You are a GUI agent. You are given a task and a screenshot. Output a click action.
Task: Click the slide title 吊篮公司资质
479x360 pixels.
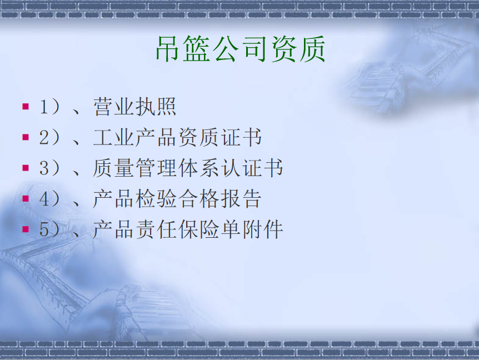tap(241, 49)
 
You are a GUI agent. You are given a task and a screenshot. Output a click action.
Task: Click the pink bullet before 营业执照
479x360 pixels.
tap(26, 106)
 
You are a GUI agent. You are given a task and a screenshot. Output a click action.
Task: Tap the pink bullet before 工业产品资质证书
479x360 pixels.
tap(26, 137)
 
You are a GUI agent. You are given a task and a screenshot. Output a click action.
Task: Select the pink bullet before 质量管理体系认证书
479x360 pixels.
tap(26, 168)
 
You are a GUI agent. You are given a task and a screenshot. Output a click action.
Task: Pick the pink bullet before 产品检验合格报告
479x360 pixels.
tap(26, 198)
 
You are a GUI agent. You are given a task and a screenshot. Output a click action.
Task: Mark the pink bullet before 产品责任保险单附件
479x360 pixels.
tap(26, 229)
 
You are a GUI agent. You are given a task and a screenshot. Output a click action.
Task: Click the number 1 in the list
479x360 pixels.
tap(44, 107)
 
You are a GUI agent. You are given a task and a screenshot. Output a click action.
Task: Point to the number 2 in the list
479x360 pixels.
tap(44, 137)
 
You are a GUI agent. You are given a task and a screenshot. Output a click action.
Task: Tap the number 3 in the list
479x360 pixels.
tap(44, 168)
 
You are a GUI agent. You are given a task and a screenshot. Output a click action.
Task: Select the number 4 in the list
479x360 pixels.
tap(44, 198)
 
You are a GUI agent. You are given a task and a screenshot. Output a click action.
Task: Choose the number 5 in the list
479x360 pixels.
tap(44, 229)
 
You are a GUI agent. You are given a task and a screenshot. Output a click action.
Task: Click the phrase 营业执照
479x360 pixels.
tap(134, 107)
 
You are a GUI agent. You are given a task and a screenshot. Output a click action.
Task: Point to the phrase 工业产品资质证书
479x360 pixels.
tap(177, 137)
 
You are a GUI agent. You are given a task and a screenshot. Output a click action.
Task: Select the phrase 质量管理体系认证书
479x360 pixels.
tap(188, 168)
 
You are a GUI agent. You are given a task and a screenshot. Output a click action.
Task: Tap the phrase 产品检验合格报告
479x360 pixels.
tap(177, 198)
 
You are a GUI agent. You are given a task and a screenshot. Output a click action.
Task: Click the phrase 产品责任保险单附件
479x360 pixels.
tap(188, 229)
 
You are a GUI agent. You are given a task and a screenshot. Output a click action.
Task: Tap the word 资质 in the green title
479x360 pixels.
tap(298, 49)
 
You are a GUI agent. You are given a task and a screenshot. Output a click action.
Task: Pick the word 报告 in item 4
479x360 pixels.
tap(241, 198)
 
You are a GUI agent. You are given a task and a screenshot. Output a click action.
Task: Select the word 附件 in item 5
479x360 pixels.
tap(263, 229)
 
